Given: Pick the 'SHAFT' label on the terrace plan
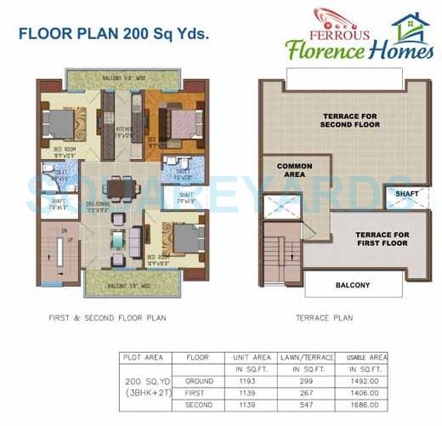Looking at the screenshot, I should [401, 194].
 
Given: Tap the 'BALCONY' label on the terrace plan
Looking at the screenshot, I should [353, 285].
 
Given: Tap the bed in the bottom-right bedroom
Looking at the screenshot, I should [184, 236].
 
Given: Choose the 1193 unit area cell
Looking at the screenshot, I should [251, 382].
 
